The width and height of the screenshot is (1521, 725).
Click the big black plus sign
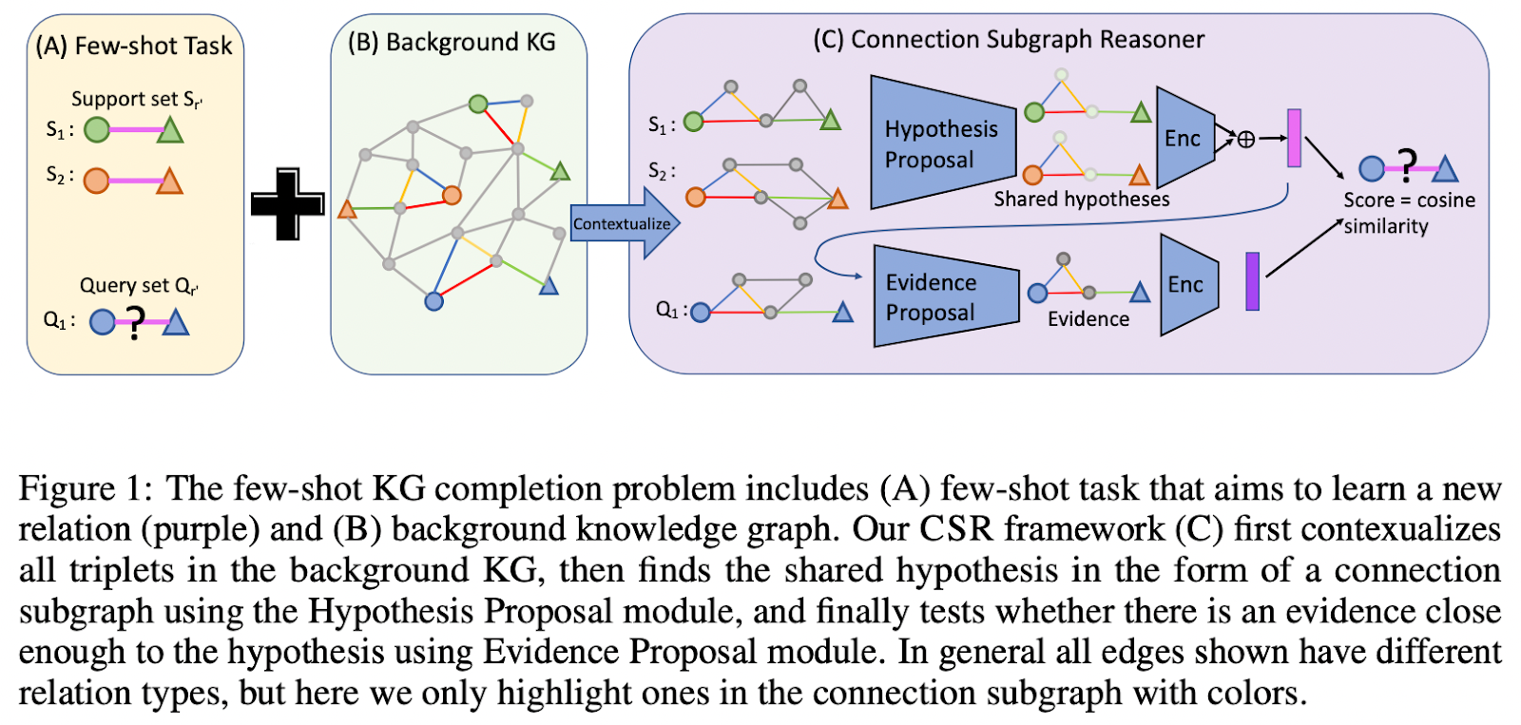(x=287, y=203)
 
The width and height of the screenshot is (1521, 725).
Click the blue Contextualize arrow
(x=624, y=223)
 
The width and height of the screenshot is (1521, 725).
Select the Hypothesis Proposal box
(x=941, y=143)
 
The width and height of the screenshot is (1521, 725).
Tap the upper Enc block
(x=1184, y=138)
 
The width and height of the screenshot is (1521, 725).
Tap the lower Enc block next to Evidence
(x=1186, y=284)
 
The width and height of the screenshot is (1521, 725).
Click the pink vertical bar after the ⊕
(x=1294, y=138)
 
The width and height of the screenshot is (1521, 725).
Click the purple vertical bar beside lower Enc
(x=1253, y=281)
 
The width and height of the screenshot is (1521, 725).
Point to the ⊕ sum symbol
(x=1246, y=140)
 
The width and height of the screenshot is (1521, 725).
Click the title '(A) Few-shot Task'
(x=134, y=46)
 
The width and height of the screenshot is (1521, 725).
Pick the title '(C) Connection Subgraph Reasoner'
(x=1009, y=40)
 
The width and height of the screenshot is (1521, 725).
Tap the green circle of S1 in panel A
(x=97, y=129)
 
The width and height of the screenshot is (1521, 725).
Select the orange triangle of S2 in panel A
(x=169, y=181)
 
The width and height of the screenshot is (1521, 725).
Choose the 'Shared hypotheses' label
(x=1082, y=200)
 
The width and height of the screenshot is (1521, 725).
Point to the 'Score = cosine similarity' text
(x=1408, y=213)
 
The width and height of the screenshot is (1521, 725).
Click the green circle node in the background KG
(x=478, y=104)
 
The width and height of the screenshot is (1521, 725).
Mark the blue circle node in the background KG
(x=433, y=301)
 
